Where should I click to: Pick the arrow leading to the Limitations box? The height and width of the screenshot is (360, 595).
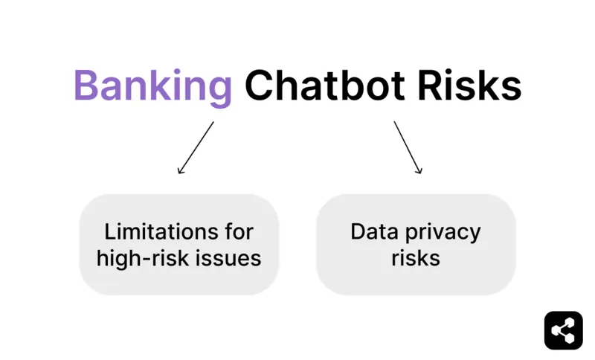[x=196, y=147]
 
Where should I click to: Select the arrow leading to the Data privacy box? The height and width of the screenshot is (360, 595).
[x=408, y=147]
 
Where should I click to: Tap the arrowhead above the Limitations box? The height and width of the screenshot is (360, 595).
[x=180, y=171]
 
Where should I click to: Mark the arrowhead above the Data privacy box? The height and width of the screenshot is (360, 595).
[x=419, y=171]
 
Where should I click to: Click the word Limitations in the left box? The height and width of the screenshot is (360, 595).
[x=153, y=231]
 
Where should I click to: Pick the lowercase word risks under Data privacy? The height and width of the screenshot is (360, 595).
[x=416, y=258]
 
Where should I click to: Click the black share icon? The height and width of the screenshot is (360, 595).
[x=563, y=330]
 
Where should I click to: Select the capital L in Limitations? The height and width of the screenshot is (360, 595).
[x=109, y=231]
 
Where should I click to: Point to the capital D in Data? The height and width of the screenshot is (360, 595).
[x=357, y=231]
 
